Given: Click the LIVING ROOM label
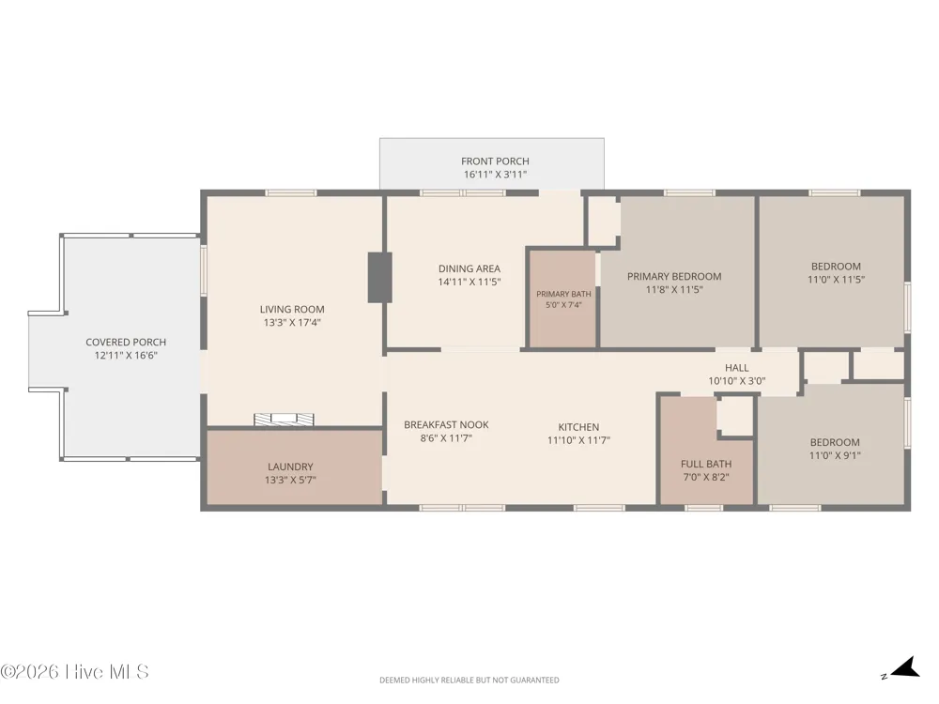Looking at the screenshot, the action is click(x=292, y=310).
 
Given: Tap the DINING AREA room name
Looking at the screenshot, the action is click(x=469, y=268).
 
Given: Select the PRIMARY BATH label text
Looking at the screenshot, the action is click(x=563, y=294).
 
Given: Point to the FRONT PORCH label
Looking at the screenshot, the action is click(x=495, y=161).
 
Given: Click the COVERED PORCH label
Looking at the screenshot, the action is click(x=126, y=343).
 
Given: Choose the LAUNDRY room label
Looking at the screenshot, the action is click(x=290, y=467).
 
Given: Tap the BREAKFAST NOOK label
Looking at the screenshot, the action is click(x=446, y=425).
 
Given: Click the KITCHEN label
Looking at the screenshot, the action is click(x=578, y=427).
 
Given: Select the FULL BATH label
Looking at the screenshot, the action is click(x=706, y=464).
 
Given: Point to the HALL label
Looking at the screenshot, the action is click(x=736, y=368).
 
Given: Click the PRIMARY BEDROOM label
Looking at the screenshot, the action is click(x=674, y=277).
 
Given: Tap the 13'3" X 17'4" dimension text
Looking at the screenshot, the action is click(x=292, y=323).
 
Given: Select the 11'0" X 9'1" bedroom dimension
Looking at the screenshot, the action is click(x=835, y=455).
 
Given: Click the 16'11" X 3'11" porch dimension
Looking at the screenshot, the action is click(x=495, y=175).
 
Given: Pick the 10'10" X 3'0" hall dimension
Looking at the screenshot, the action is click(x=736, y=381).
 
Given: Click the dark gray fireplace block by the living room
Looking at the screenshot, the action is click(x=379, y=277).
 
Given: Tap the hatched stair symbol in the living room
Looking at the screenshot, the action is click(x=284, y=420).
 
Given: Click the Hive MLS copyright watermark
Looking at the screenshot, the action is click(x=74, y=672).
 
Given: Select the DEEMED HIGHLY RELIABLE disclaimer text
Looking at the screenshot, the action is click(x=469, y=680).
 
